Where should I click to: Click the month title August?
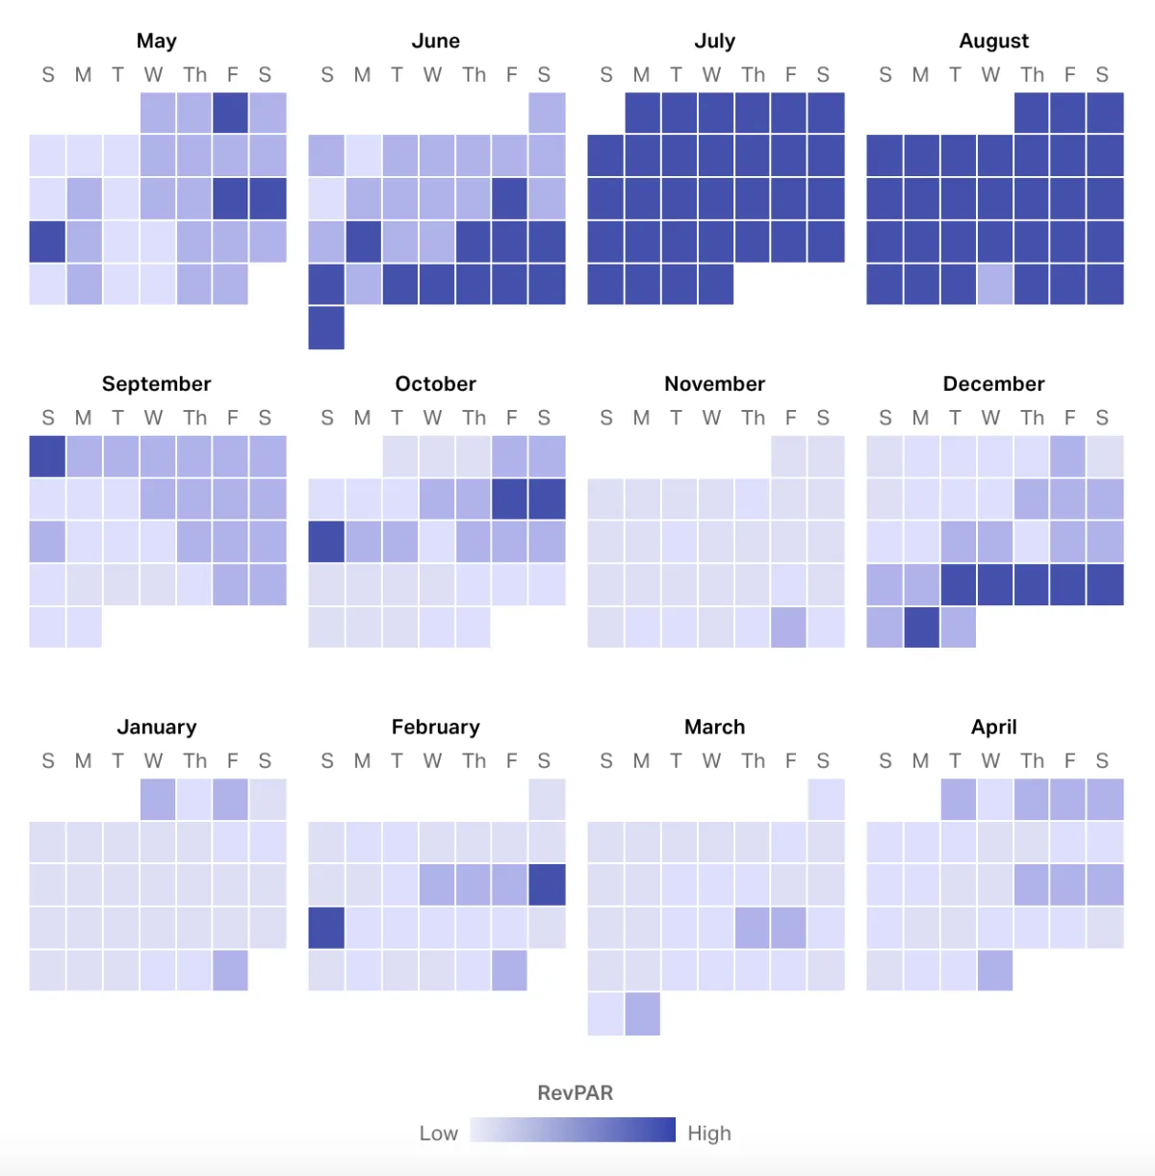pyautogui.click(x=993, y=40)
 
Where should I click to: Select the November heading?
pyautogui.click(x=714, y=384)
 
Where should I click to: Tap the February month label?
pyautogui.click(x=435, y=727)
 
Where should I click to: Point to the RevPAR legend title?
pyautogui.click(x=575, y=1092)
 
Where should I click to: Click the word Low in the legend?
pyautogui.click(x=438, y=1133)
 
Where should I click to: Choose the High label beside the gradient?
pyautogui.click(x=709, y=1133)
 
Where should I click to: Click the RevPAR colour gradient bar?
pyautogui.click(x=573, y=1130)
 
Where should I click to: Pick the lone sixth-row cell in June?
pyautogui.click(x=326, y=327)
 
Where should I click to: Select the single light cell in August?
pyautogui.click(x=995, y=285)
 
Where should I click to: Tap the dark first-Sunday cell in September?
pyautogui.click(x=47, y=456)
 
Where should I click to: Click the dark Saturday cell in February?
pyautogui.click(x=547, y=884)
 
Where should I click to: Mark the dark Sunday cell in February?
pyautogui.click(x=326, y=928)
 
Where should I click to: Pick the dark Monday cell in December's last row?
pyautogui.click(x=921, y=627)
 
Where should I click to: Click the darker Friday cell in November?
pyautogui.click(x=788, y=627)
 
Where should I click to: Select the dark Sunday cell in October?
pyautogui.click(x=326, y=542)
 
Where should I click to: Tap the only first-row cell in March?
pyautogui.click(x=826, y=799)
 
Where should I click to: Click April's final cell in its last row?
pyautogui.click(x=995, y=970)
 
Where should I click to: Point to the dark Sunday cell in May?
pyautogui.click(x=47, y=242)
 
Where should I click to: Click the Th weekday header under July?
pyautogui.click(x=753, y=75)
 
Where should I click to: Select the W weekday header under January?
pyautogui.click(x=153, y=761)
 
